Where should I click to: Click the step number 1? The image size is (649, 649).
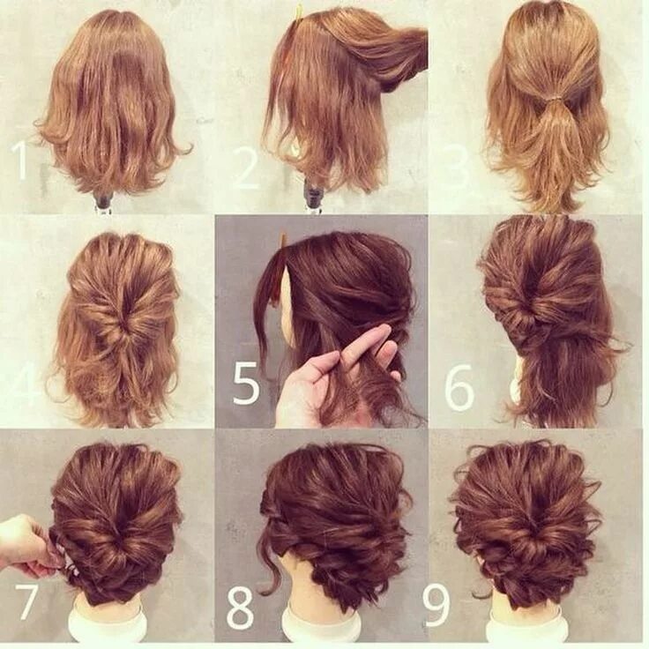[x=19, y=160]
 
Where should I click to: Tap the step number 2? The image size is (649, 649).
[x=246, y=168]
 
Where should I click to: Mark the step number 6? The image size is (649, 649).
[x=459, y=386]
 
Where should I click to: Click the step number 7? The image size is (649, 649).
[x=26, y=602]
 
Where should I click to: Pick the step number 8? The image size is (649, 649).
[x=240, y=605]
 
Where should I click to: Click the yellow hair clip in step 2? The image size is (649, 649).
[x=299, y=12]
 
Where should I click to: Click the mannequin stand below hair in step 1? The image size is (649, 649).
[x=104, y=201]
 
